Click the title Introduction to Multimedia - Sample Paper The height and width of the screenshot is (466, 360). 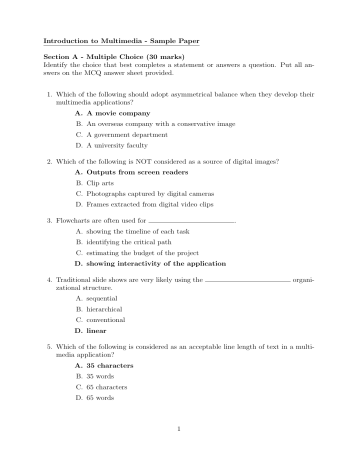(x=118, y=41)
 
